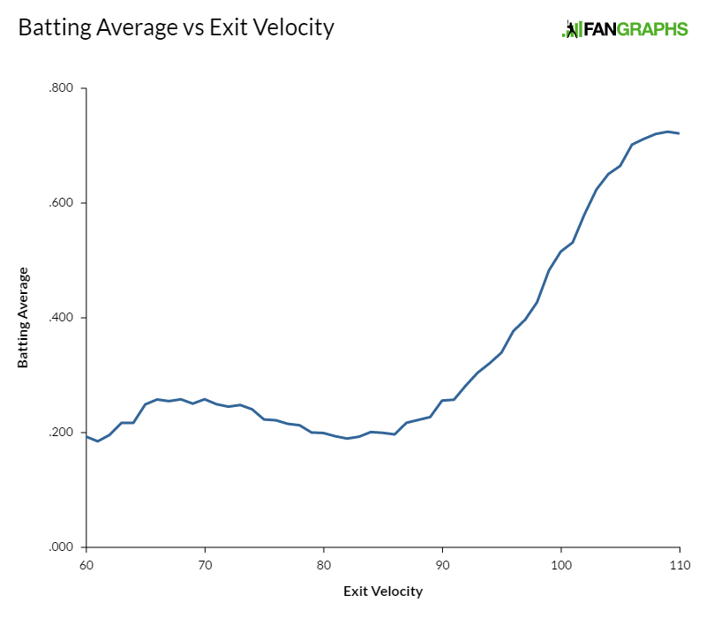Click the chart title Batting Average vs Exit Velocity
(x=176, y=28)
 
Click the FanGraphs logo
(x=624, y=29)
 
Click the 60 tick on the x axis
(x=86, y=564)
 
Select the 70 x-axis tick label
(x=205, y=564)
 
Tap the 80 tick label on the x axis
(x=323, y=564)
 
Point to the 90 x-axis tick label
(x=442, y=564)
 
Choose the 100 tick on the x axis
(x=560, y=564)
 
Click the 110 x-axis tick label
(x=679, y=564)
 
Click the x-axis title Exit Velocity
(x=382, y=591)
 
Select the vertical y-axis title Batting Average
(x=23, y=318)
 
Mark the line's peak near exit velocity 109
(x=667, y=132)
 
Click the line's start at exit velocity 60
(x=86, y=436)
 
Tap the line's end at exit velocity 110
(x=679, y=133)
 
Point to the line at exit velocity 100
(x=560, y=252)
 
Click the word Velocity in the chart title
(x=289, y=28)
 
